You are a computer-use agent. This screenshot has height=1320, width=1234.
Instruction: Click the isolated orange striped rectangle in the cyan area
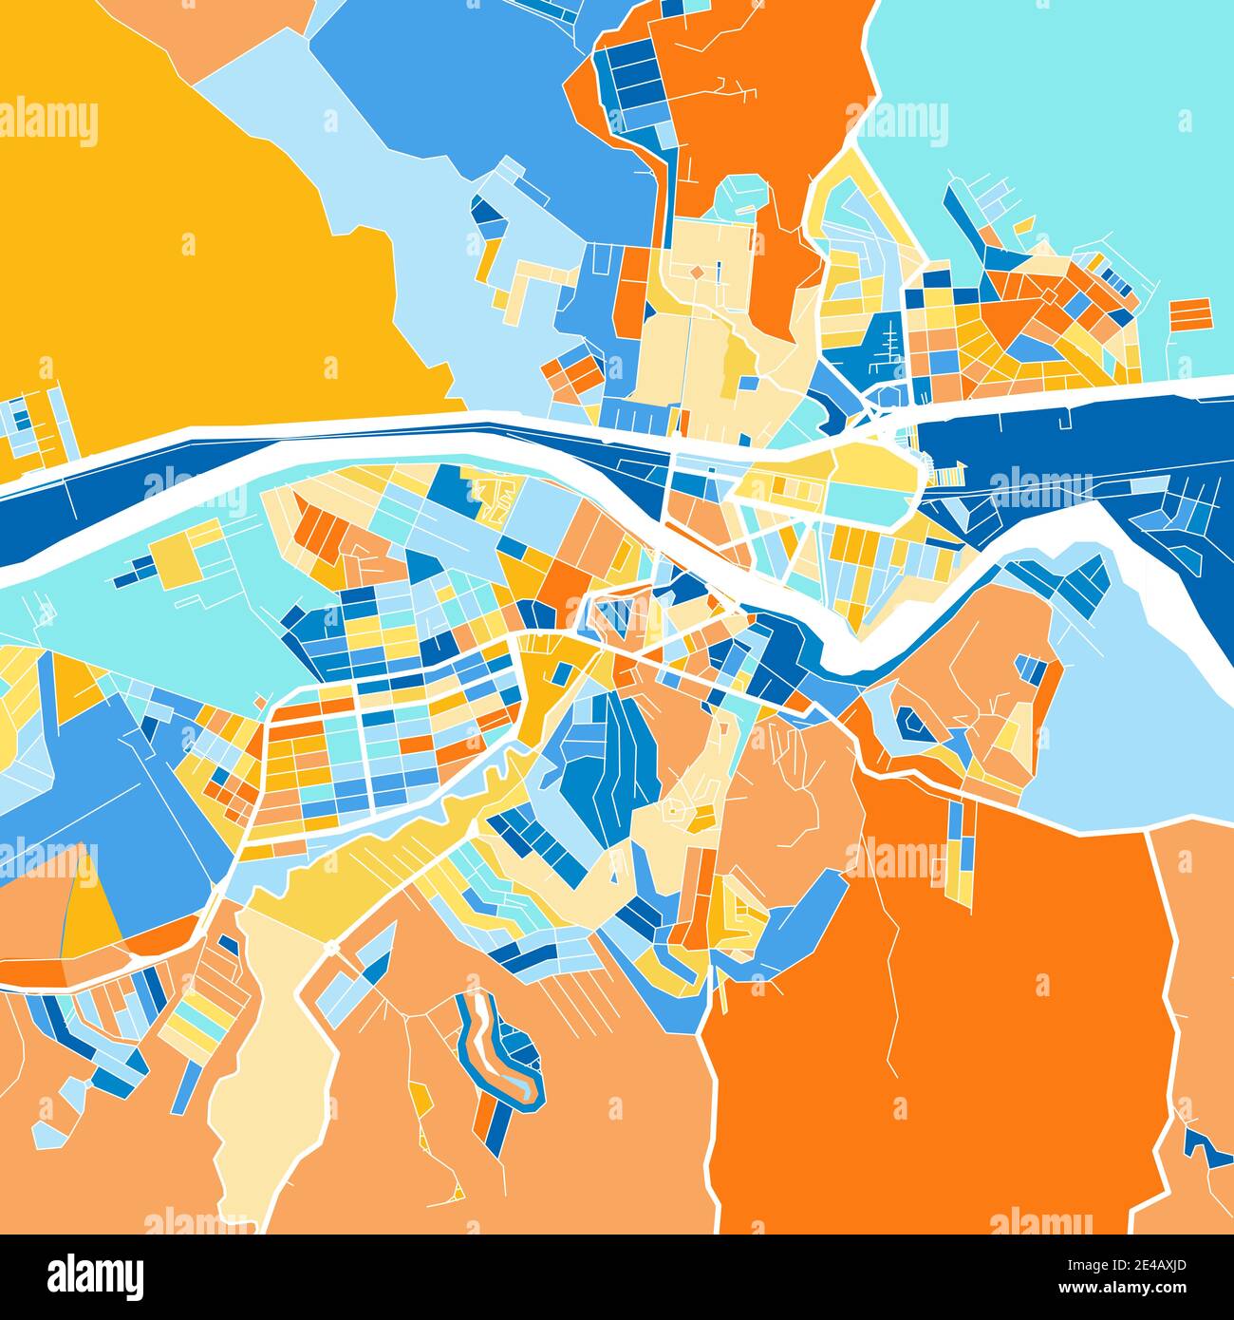click(1190, 313)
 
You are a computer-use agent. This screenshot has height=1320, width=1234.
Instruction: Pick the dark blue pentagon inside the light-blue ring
click(914, 724)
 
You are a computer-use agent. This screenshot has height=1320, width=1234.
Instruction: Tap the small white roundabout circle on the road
click(331, 949)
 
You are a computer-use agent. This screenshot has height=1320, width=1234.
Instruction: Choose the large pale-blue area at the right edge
click(1139, 722)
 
